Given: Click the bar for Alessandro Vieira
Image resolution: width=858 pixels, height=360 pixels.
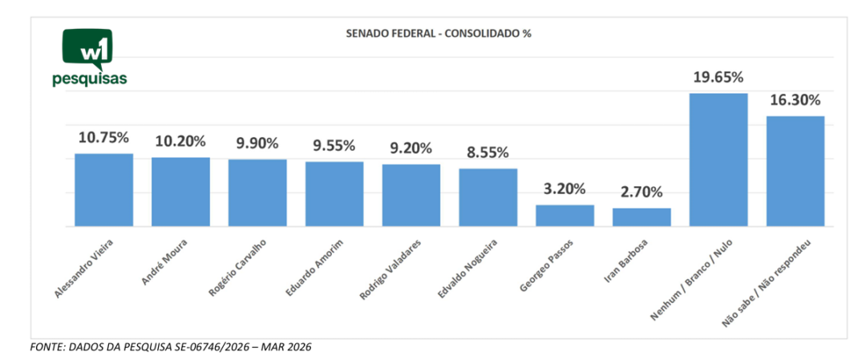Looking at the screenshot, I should (103, 190).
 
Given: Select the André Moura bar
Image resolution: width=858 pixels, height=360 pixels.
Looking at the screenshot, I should (180, 192).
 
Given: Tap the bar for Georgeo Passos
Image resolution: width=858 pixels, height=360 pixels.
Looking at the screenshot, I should (565, 216).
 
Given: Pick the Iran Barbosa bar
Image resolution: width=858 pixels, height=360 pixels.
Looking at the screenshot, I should (641, 217).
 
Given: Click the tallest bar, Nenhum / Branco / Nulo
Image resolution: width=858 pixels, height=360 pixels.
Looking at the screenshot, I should (718, 160).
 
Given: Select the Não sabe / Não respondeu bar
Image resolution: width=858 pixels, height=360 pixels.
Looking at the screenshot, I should (795, 172).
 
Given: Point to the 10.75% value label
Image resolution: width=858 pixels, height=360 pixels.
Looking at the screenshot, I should (103, 137).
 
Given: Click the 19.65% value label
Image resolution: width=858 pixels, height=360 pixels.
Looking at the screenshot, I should (718, 78).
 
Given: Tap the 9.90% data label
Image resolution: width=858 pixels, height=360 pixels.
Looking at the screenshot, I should (257, 144).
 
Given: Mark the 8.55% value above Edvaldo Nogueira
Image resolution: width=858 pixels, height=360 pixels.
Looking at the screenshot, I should (488, 152).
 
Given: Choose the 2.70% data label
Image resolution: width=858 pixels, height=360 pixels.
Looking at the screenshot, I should (641, 192).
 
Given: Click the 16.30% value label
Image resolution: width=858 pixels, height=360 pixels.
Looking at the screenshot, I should (795, 100).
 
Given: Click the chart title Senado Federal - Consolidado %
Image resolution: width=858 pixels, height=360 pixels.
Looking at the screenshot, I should (439, 34).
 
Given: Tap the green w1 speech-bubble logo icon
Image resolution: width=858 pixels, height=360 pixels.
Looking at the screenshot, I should (88, 48).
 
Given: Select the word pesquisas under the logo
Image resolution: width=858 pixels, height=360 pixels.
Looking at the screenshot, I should (89, 79).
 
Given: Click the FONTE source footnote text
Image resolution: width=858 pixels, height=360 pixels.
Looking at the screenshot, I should (170, 347).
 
